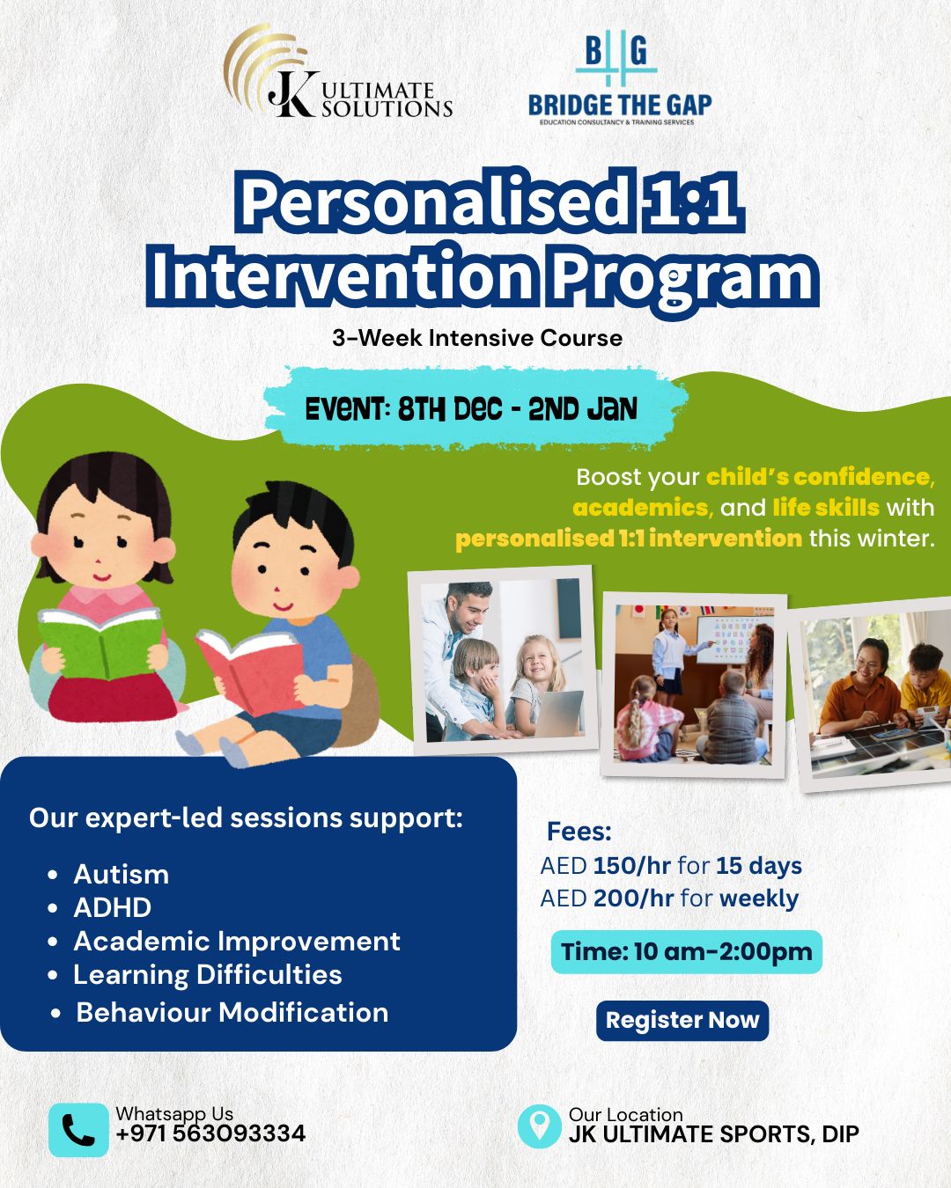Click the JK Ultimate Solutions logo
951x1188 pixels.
pyautogui.click(x=337, y=72)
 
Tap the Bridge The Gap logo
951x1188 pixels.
pyautogui.click(x=619, y=78)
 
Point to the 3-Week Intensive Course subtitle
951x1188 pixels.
pyautogui.click(x=477, y=338)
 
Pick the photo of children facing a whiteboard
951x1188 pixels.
pyautogui.click(x=694, y=685)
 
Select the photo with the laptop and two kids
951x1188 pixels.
pyautogui.click(x=503, y=660)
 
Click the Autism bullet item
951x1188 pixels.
pyautogui.click(x=121, y=874)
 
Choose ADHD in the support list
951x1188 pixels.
pyautogui.click(x=112, y=907)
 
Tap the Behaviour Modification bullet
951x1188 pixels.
pyautogui.click(x=232, y=1012)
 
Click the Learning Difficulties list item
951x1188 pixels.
pyautogui.click(x=208, y=974)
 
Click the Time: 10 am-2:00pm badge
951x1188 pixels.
pyautogui.click(x=687, y=952)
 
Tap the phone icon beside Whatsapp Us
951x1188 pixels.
pyautogui.click(x=78, y=1130)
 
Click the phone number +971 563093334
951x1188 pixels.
pyautogui.click(x=211, y=1133)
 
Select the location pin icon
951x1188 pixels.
pyautogui.click(x=539, y=1126)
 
